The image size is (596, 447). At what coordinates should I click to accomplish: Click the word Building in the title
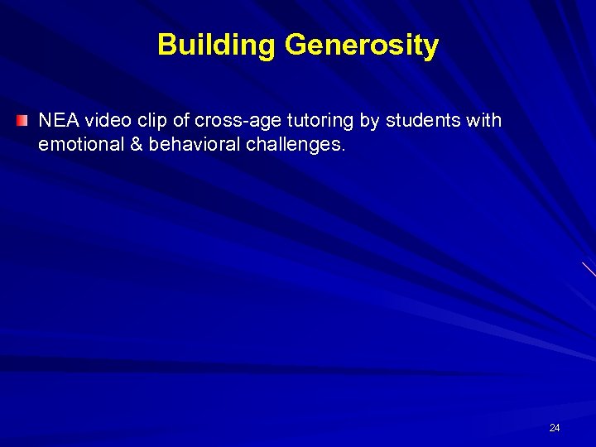(217, 45)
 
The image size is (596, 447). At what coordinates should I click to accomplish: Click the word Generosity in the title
(361, 45)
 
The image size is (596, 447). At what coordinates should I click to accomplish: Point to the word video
(106, 121)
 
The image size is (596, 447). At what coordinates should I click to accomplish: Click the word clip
(151, 121)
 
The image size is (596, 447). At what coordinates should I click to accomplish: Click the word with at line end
(484, 121)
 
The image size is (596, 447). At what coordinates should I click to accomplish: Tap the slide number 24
(555, 428)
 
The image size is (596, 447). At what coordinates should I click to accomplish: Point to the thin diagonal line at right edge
(589, 270)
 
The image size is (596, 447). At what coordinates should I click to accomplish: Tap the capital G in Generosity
(296, 45)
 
